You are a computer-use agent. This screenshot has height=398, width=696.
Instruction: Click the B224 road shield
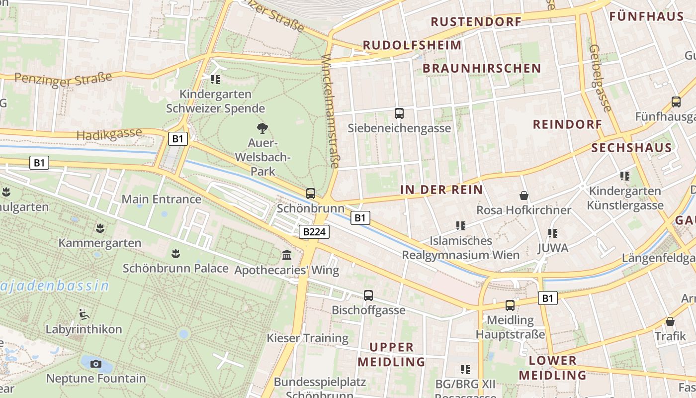click(315, 231)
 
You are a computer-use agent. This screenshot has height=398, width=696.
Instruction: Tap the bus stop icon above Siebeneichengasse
click(399, 113)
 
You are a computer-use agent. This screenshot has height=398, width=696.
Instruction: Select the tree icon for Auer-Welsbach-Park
click(262, 128)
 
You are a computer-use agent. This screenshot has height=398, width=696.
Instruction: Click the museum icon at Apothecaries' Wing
click(287, 255)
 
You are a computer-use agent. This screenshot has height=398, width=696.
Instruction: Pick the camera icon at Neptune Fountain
click(96, 364)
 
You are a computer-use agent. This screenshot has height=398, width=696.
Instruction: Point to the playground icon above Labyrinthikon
click(84, 314)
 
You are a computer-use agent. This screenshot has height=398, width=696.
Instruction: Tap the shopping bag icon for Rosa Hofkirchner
click(523, 196)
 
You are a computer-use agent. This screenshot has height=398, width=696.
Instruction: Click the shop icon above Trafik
click(670, 321)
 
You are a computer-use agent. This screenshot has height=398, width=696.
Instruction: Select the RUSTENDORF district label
click(476, 22)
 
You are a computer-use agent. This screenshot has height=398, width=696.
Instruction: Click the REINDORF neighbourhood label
click(567, 124)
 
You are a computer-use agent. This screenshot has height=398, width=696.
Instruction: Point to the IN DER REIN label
click(441, 190)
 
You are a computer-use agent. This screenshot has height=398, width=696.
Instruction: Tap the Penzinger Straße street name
click(63, 79)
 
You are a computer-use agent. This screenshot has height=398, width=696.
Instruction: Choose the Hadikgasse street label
click(109, 134)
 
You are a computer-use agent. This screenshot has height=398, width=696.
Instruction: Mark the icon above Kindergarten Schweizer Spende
click(215, 79)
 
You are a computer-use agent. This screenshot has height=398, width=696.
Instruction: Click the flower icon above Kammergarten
click(100, 228)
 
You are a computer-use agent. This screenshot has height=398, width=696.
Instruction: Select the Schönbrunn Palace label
click(175, 269)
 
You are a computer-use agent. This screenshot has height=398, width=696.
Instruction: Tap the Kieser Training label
click(308, 338)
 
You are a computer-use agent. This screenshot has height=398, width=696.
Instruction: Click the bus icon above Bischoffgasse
click(368, 296)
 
